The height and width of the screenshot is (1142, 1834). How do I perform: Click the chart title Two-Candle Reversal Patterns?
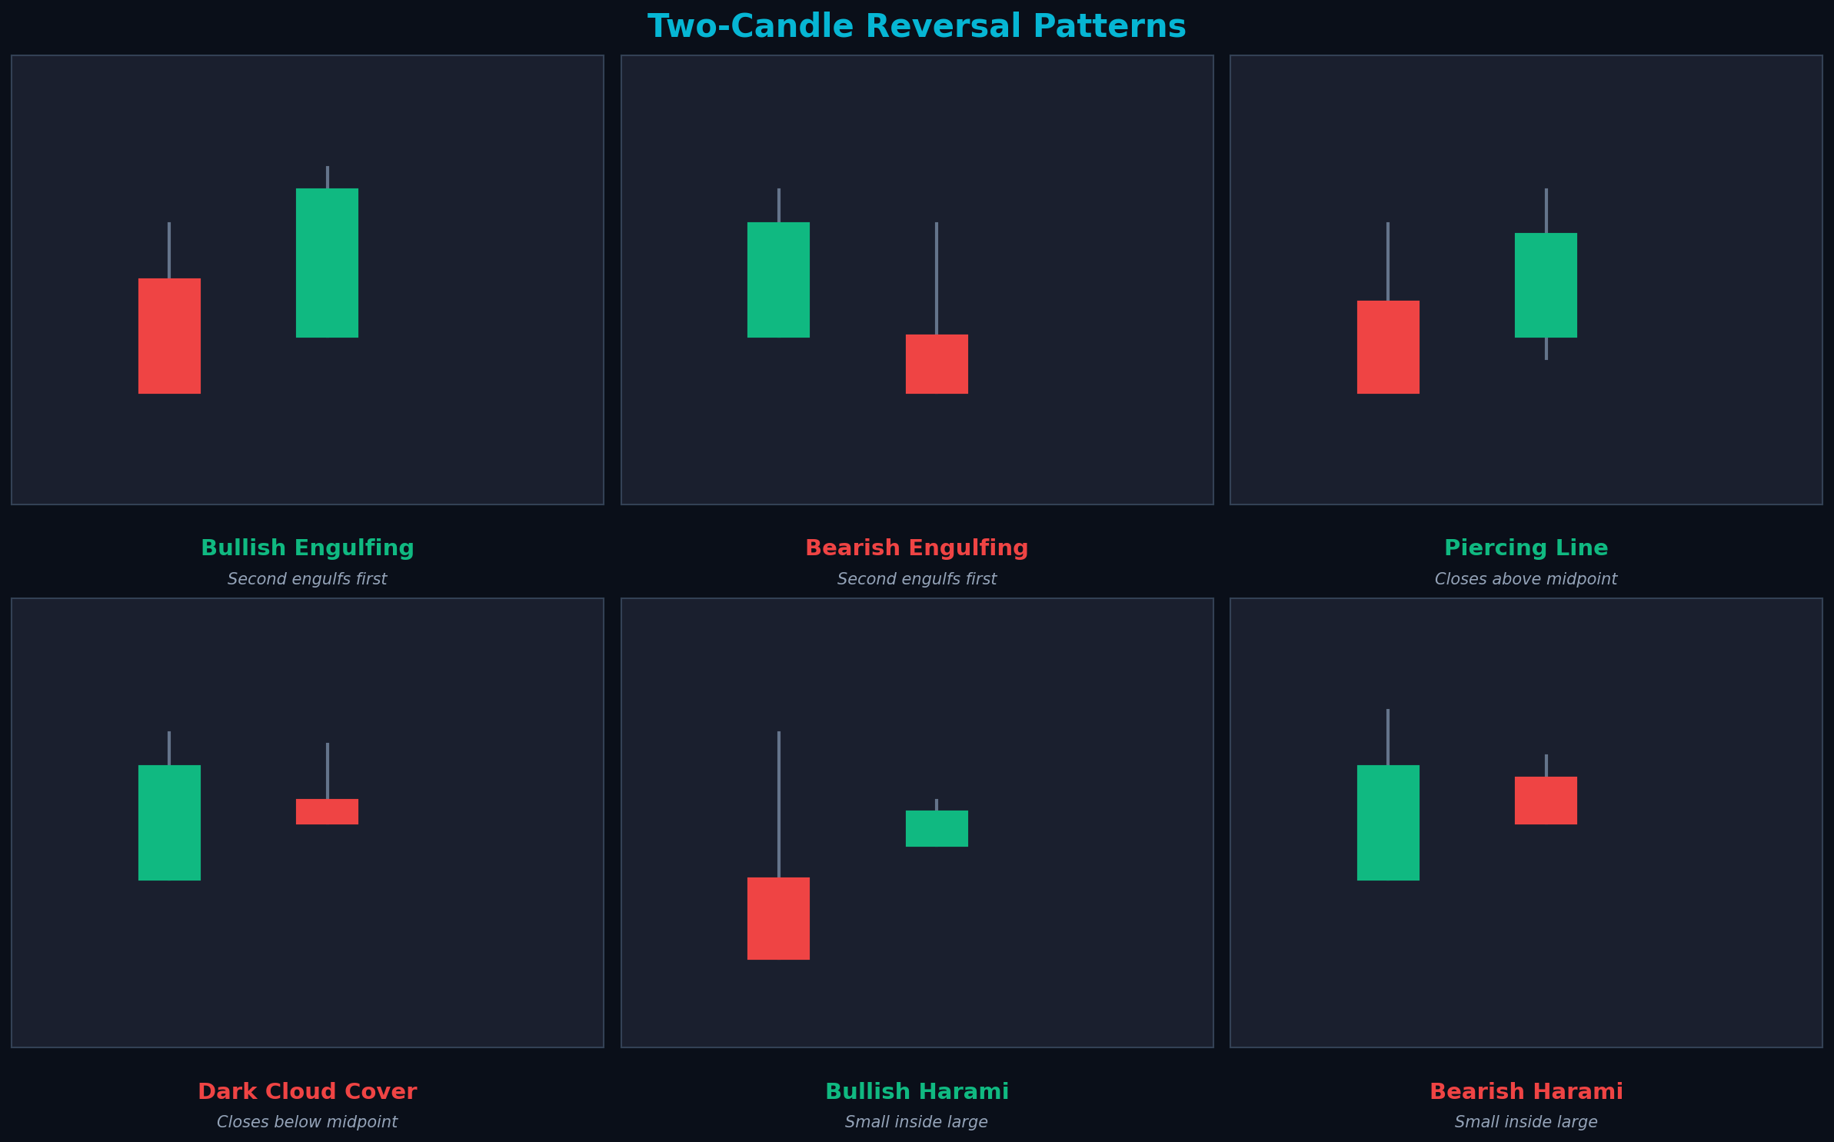pos(917,27)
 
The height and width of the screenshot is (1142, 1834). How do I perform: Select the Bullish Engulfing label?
pos(307,548)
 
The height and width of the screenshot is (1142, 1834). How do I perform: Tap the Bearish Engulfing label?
pos(917,548)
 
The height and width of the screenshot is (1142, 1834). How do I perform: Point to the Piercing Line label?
pos(1526,548)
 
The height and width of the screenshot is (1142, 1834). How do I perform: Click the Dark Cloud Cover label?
pos(307,1092)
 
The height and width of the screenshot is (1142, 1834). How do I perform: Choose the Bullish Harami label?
pos(917,1092)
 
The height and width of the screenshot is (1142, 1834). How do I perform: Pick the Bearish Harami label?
pos(1526,1092)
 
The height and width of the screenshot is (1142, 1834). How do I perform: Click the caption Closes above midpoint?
pos(1526,579)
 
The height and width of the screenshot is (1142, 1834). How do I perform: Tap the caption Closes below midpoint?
pos(307,1123)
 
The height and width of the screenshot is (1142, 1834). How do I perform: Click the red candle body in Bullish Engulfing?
pos(169,336)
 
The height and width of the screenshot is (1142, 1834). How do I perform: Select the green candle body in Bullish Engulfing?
pos(327,263)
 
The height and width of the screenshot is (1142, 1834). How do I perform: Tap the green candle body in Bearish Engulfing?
pos(778,280)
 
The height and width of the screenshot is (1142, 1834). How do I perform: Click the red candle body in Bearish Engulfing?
pos(937,364)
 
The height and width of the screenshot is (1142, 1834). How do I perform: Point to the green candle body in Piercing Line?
pos(1546,285)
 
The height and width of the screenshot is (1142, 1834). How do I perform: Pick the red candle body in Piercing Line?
pos(1388,347)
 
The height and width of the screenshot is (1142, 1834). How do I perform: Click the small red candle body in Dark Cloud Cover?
pos(327,811)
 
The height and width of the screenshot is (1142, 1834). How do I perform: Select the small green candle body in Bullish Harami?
pos(937,828)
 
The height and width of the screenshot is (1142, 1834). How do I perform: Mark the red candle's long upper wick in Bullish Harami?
pos(778,804)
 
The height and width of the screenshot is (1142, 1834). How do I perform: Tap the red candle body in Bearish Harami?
pos(1546,801)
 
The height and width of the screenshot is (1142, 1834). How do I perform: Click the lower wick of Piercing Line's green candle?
pos(1546,348)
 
